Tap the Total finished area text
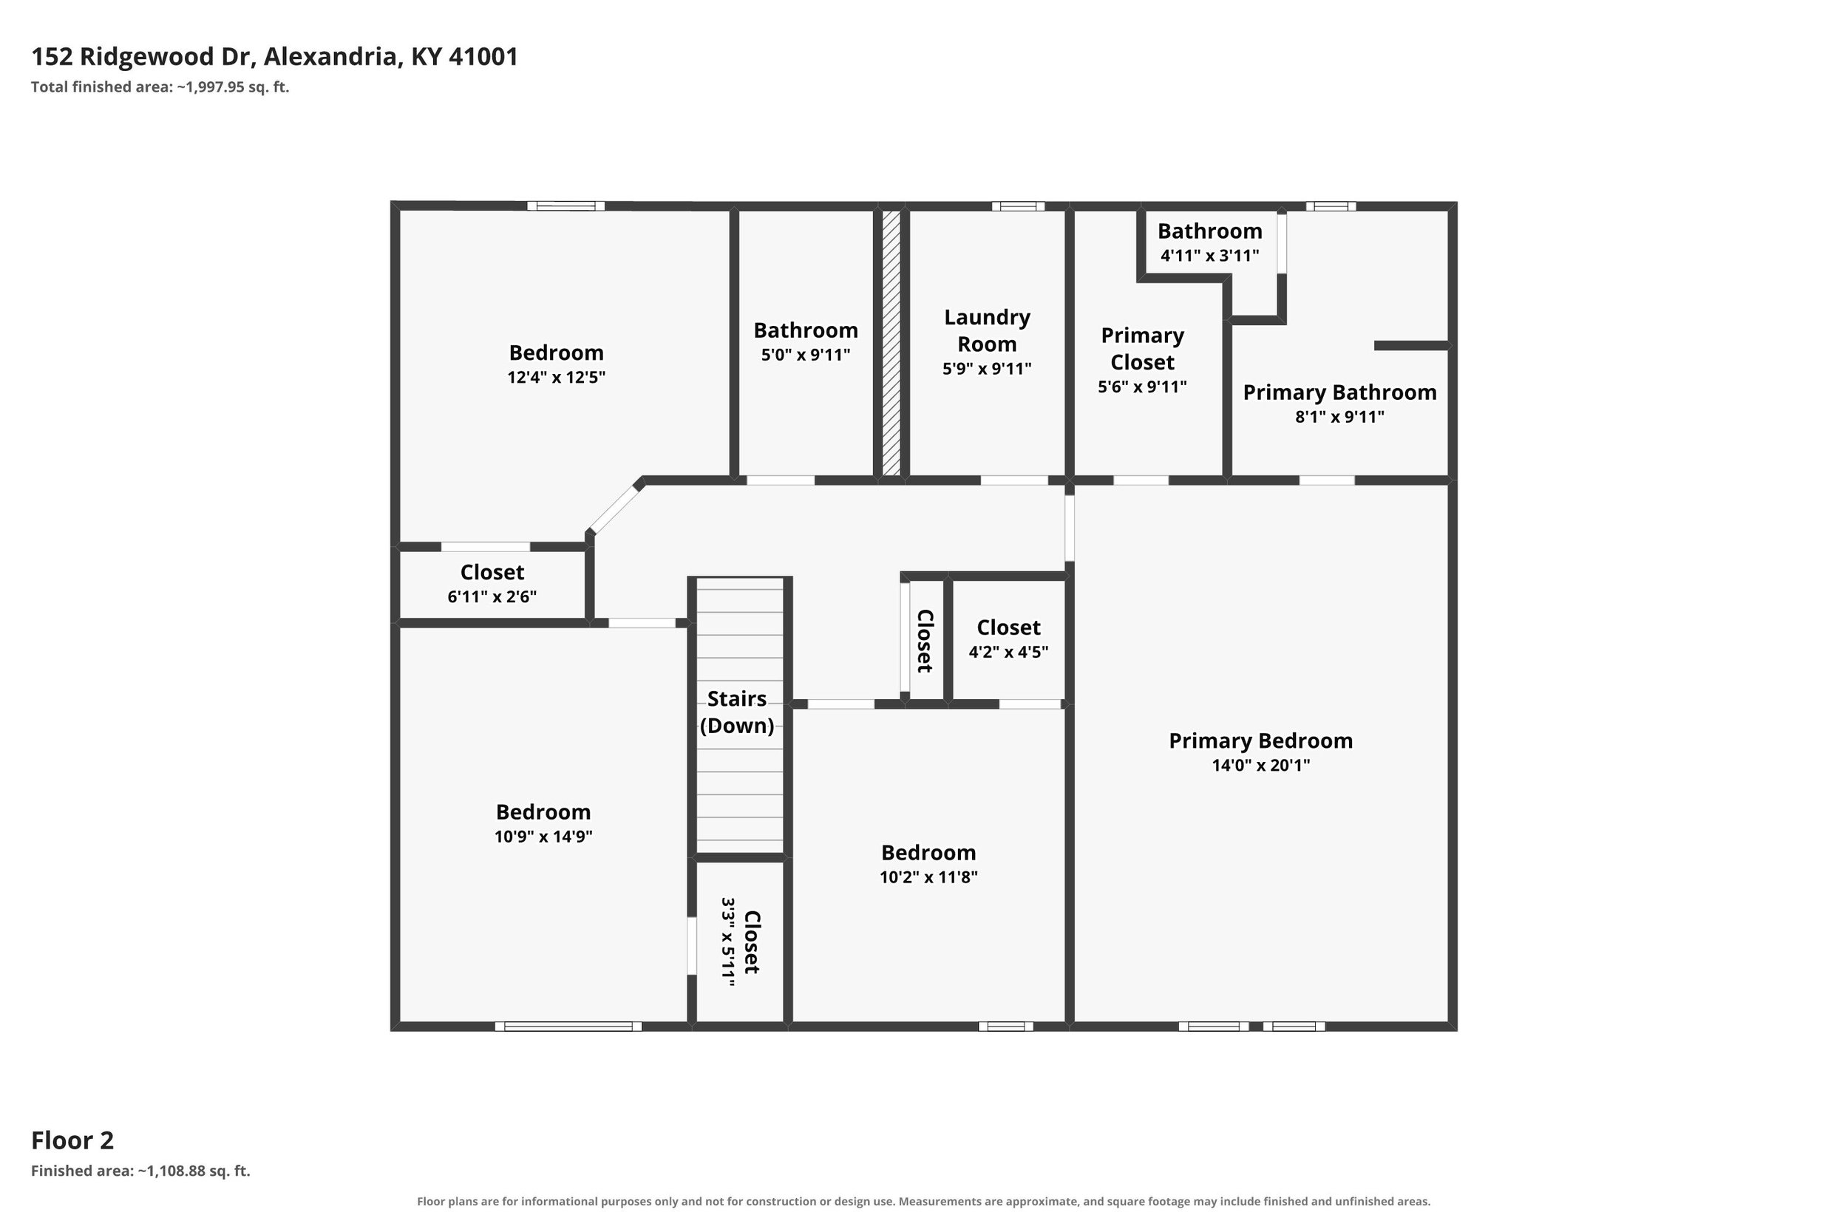(160, 87)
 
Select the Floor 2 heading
(72, 1140)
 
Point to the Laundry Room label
(987, 331)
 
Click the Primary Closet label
(1142, 349)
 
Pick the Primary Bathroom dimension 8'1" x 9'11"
(1339, 416)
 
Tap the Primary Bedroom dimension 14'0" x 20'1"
(1261, 765)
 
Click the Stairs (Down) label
(737, 712)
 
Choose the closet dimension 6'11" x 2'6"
(492, 596)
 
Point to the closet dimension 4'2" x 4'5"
(1008, 651)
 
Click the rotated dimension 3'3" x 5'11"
(728, 942)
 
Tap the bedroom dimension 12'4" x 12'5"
(557, 377)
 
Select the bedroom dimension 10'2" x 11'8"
(928, 877)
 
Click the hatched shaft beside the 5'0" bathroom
(891, 344)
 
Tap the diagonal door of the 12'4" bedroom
(615, 508)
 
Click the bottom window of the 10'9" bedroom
(568, 1026)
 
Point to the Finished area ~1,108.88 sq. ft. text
(140, 1171)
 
